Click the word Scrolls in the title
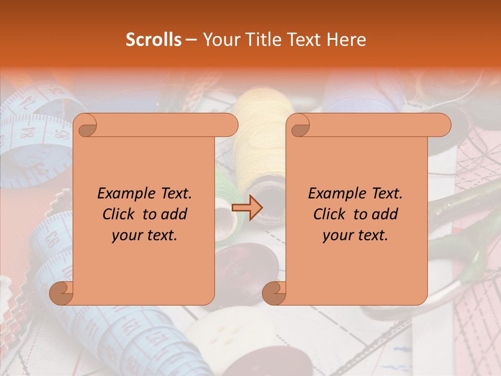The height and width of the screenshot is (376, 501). (153, 40)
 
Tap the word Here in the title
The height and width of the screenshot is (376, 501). (346, 40)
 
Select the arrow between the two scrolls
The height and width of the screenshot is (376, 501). (247, 208)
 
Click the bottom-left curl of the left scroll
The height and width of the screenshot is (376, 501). (61, 293)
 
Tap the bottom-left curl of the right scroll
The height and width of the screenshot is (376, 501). (274, 293)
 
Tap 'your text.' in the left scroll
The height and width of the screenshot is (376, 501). (145, 236)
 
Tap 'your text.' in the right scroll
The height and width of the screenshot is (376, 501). (355, 236)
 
